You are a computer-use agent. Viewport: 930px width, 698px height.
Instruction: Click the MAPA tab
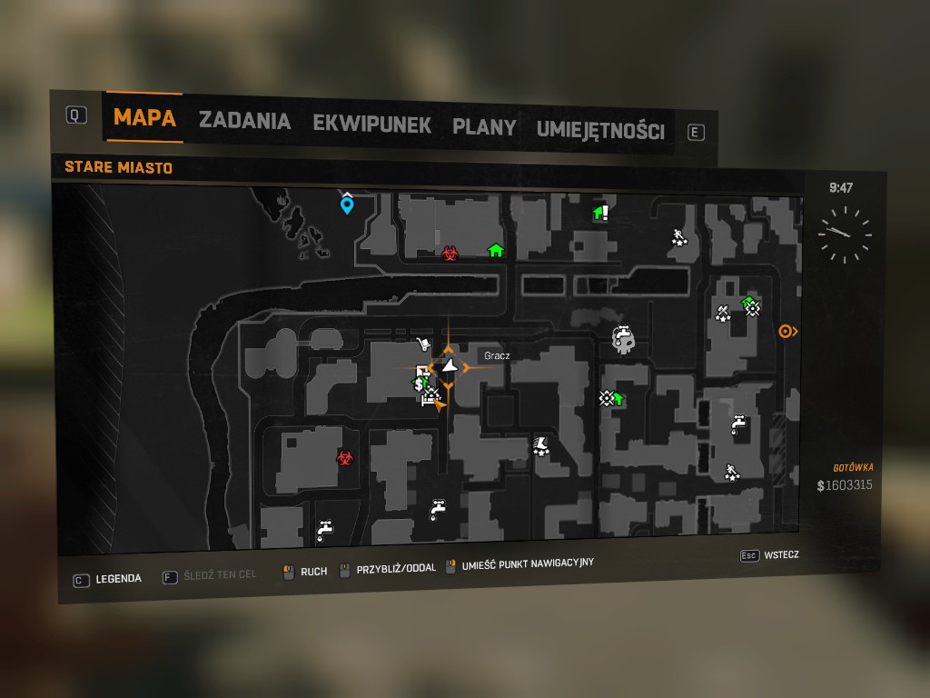[144, 118]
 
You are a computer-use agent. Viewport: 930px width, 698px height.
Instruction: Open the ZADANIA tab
[244, 121]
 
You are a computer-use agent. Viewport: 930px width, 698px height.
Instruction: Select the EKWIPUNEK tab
[371, 124]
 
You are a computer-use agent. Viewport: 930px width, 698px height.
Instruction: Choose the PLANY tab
[484, 126]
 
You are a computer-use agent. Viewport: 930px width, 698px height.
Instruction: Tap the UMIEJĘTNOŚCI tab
[600, 130]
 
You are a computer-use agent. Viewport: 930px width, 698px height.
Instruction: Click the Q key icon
[76, 115]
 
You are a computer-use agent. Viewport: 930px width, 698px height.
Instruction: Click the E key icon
[696, 133]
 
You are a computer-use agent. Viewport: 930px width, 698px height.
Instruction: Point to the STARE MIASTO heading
[119, 167]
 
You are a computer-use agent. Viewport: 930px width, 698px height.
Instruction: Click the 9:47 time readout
[841, 188]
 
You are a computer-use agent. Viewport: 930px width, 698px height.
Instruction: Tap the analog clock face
[844, 234]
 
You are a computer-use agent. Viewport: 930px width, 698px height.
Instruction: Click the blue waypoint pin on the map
[346, 204]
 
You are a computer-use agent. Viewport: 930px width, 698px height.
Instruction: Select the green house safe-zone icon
[495, 250]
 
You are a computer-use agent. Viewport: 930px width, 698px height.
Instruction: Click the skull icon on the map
[622, 340]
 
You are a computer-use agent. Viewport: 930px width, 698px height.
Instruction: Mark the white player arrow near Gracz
[450, 367]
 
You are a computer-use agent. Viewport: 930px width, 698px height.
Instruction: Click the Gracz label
[497, 356]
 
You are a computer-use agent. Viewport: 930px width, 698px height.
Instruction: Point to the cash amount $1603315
[845, 485]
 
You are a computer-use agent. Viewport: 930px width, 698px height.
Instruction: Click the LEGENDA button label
[119, 578]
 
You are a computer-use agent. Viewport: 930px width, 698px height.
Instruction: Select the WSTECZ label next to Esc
[782, 554]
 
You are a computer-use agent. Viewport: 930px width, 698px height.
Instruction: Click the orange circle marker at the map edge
[787, 332]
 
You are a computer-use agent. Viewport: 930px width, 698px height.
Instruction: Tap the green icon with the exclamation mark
[600, 213]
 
